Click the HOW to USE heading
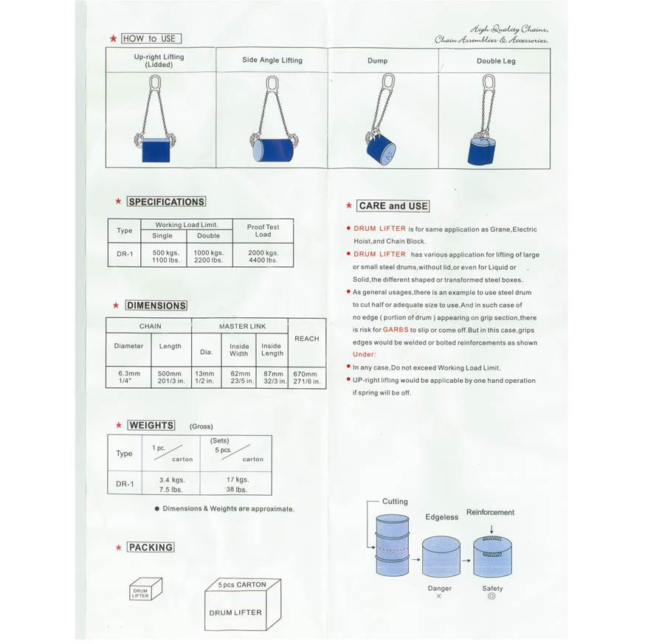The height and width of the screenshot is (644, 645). [x=151, y=38]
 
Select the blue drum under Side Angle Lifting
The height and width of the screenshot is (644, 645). [x=273, y=150]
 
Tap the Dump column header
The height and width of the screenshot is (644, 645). [x=377, y=60]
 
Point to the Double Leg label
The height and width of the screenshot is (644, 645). [x=496, y=61]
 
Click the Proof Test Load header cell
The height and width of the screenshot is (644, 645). [x=263, y=231]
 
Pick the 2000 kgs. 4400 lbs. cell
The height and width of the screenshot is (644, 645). [x=263, y=256]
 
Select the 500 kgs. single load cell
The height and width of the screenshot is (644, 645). [x=166, y=256]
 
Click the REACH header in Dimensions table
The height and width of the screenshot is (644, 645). [x=307, y=339]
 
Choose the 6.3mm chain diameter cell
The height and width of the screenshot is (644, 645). [x=128, y=377]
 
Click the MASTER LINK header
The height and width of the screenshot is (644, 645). [x=242, y=326]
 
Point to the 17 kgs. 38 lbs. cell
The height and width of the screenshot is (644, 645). [x=236, y=484]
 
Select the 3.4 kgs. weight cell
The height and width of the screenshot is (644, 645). [x=172, y=484]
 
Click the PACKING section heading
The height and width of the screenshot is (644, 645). [x=151, y=547]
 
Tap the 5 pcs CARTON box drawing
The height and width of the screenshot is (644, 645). [x=243, y=604]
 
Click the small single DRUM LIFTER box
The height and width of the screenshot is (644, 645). [x=145, y=589]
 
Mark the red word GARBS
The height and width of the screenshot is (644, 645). [x=396, y=330]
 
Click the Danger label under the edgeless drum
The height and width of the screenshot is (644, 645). [x=439, y=589]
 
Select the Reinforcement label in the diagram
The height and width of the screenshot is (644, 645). [x=490, y=513]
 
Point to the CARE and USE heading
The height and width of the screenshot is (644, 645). [x=393, y=206]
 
